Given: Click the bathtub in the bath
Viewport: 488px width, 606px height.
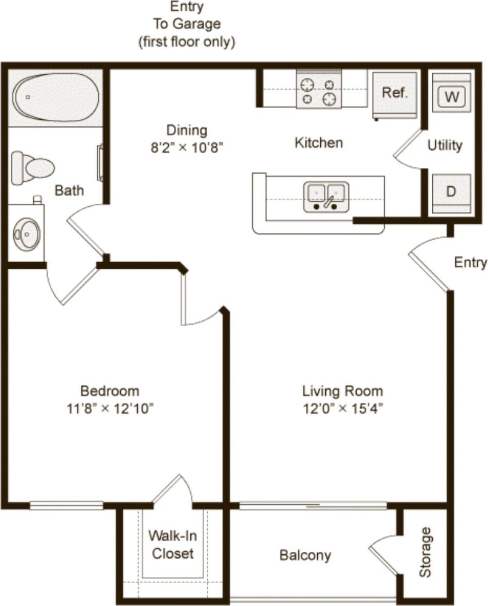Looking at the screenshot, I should [x=56, y=97].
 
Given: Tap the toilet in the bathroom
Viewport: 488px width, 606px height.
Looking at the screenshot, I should [x=33, y=166].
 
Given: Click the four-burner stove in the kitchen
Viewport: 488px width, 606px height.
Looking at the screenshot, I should [x=319, y=91].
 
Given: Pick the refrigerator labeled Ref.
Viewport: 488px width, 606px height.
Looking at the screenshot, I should [x=395, y=93].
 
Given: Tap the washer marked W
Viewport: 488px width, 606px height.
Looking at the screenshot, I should [x=452, y=96].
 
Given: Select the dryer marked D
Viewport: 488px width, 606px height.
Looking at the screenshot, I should [x=451, y=192].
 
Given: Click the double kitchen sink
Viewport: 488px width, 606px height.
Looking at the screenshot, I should [x=326, y=196].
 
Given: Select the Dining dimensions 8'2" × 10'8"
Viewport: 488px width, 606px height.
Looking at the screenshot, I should [x=186, y=148].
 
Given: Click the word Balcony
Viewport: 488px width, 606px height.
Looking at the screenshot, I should [x=305, y=555].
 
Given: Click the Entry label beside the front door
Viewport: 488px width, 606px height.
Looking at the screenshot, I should [x=470, y=262].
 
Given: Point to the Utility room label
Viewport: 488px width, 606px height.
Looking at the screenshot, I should [x=445, y=146].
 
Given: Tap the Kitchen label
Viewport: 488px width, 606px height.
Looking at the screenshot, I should [x=319, y=142].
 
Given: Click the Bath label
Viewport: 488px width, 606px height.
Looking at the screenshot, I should [x=69, y=191].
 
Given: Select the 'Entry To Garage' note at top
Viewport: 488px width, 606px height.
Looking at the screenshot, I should [x=187, y=24].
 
